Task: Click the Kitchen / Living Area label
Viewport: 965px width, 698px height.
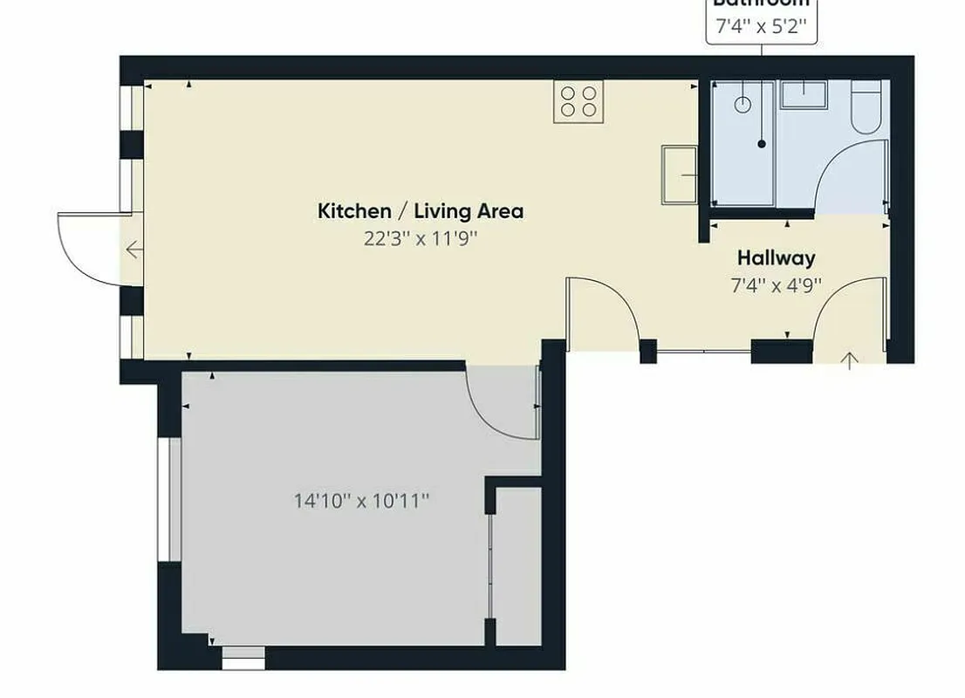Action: click(x=420, y=211)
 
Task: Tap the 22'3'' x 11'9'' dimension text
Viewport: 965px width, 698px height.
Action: click(x=421, y=238)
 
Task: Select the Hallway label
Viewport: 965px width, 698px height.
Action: click(x=776, y=258)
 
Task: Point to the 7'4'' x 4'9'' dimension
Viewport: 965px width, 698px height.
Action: click(x=776, y=284)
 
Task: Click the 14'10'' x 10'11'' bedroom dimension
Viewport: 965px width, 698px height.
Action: click(x=361, y=501)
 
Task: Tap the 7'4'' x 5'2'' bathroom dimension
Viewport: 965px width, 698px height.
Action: click(x=761, y=27)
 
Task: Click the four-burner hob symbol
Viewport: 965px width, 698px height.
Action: click(x=578, y=101)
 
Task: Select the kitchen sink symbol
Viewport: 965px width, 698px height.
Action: click(x=680, y=174)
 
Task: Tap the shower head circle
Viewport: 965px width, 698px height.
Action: click(x=743, y=105)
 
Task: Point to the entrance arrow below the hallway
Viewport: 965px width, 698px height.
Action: click(x=849, y=360)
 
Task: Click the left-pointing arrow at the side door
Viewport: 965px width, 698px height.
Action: click(x=133, y=251)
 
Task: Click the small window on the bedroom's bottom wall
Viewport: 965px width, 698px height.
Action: click(x=243, y=657)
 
